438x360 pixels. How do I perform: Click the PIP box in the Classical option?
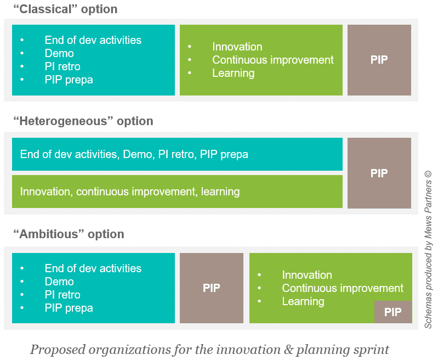coord(379,60)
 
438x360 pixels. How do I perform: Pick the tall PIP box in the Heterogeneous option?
coord(379,173)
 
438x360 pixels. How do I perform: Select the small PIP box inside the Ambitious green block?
coord(393,312)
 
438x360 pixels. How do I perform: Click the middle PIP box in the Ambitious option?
coord(211,288)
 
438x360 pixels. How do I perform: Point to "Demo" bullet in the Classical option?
coord(59,53)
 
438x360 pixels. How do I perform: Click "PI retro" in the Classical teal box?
coord(62,66)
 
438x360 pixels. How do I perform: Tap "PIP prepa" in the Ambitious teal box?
coord(69,308)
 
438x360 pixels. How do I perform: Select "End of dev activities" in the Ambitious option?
coord(93,268)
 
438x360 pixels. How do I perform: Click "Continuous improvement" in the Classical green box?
coord(272,60)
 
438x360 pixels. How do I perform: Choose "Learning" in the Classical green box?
coord(233,73)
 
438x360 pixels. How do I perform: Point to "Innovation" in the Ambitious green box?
coord(307,275)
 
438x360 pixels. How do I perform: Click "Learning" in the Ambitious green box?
coord(303,301)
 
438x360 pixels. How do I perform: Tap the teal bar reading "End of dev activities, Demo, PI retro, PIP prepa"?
coord(177,154)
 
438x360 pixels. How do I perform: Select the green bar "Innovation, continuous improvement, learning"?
coord(177,192)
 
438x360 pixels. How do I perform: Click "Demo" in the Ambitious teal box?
coord(59,282)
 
